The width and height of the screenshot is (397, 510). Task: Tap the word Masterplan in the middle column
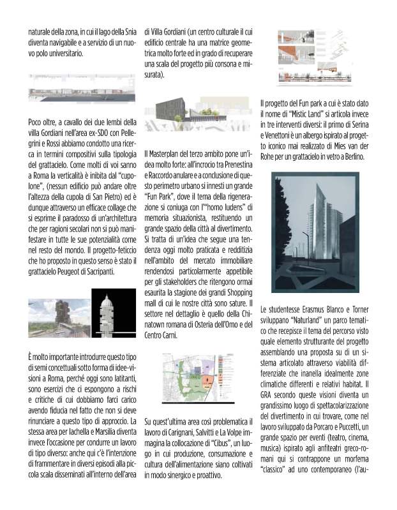click(x=167, y=153)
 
